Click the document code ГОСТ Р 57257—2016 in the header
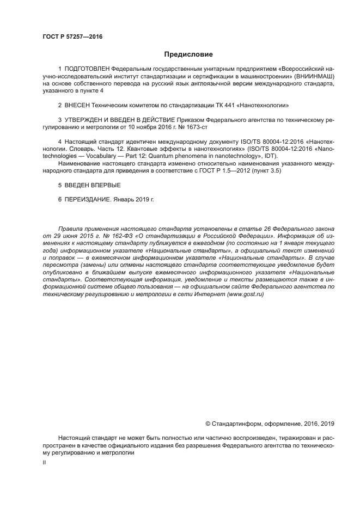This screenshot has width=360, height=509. pyautogui.click(x=72, y=38)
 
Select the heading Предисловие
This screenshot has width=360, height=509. pyautogui.click(x=189, y=54)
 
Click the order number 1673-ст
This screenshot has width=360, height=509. pyautogui.click(x=196, y=126)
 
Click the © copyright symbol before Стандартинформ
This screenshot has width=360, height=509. pyautogui.click(x=208, y=423)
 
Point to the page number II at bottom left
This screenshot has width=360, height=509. pyautogui.click(x=44, y=462)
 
